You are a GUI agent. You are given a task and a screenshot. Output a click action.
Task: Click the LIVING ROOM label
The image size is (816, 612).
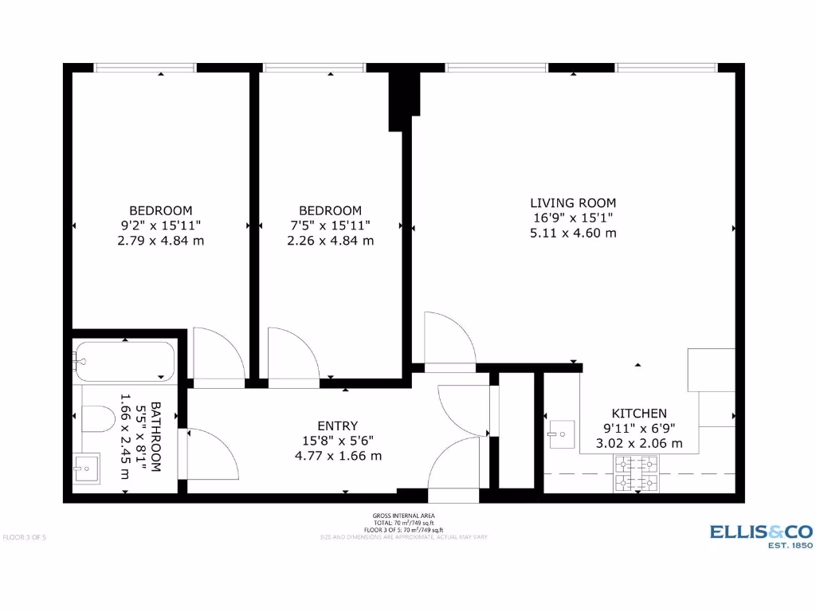573,202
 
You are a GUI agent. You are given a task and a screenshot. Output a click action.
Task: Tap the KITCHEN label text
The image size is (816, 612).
639,413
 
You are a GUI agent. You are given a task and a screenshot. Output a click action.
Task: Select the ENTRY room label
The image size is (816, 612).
338,426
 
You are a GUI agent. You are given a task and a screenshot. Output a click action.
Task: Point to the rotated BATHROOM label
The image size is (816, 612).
155,437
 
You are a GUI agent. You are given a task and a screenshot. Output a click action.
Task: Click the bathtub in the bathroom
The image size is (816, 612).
124,363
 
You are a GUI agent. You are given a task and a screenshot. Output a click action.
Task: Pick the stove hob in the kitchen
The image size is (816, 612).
636,473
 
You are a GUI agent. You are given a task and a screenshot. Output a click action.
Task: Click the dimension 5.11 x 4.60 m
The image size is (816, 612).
573,233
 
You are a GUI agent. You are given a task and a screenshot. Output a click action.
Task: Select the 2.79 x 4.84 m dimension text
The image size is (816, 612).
160,240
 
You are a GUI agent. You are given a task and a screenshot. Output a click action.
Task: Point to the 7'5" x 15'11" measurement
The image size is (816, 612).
330,226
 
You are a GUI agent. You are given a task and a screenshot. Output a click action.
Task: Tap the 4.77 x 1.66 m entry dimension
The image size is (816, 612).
338,456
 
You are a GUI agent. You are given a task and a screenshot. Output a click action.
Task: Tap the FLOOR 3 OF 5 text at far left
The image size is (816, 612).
25,537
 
